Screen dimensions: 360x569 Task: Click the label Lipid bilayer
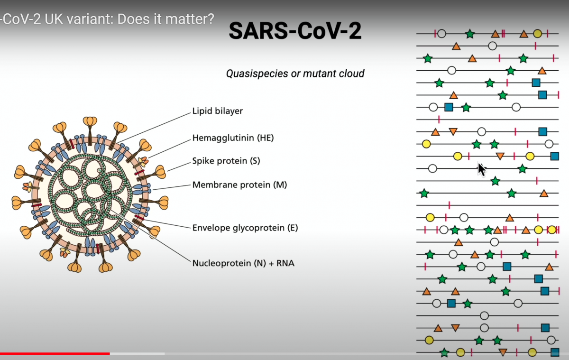click(x=217, y=111)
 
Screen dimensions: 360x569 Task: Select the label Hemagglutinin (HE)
click(x=233, y=138)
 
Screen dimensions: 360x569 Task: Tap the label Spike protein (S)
click(x=227, y=161)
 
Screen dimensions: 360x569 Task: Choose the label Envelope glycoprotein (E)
click(x=245, y=228)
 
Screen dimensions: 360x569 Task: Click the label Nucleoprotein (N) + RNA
click(x=243, y=262)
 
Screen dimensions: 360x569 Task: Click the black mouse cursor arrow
click(x=481, y=169)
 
